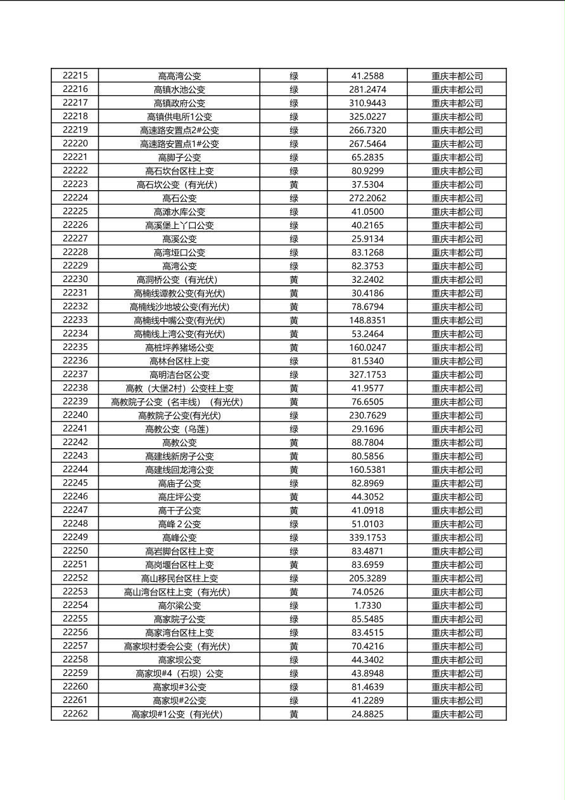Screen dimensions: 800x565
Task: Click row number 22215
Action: coord(75,75)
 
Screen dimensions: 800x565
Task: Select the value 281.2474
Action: coord(367,89)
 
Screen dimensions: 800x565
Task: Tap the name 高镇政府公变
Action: coord(179,103)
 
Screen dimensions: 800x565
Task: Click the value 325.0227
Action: coord(367,117)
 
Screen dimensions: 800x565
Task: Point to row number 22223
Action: coord(75,184)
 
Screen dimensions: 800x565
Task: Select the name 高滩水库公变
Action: coord(179,212)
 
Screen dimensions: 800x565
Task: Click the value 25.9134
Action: coord(367,239)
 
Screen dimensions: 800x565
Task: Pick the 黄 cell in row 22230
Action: coord(294,280)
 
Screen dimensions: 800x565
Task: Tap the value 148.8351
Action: coord(367,320)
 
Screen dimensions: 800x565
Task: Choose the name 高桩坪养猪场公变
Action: coord(179,347)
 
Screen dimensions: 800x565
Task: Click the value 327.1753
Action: coord(367,375)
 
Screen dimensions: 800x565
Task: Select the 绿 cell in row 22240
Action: coord(294,415)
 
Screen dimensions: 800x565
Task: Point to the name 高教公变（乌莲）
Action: coord(179,429)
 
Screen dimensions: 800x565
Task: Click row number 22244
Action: coord(75,469)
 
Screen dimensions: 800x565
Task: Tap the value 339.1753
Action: coord(367,538)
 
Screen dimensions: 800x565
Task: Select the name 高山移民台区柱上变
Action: coord(179,578)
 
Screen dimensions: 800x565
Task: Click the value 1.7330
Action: coord(367,605)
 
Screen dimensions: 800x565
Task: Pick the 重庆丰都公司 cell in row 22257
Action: coord(457,647)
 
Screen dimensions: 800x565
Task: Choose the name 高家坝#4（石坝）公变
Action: coord(179,673)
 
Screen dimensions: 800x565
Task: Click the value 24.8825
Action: coord(367,714)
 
